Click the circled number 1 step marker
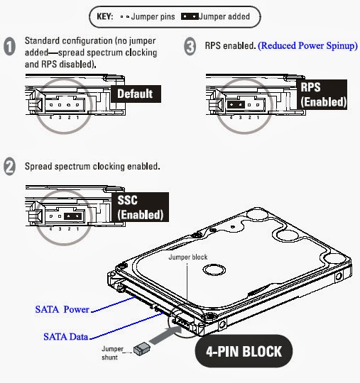[x=10, y=47]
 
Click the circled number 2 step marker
[x=10, y=167]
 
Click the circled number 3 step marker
[x=190, y=47]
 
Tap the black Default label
[x=134, y=94]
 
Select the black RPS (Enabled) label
[x=323, y=94]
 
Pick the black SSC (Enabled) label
[x=140, y=206]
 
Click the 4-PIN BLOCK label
[x=240, y=350]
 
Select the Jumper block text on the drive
[x=187, y=257]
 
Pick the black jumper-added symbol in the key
[x=191, y=14]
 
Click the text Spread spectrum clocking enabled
[x=92, y=167]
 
